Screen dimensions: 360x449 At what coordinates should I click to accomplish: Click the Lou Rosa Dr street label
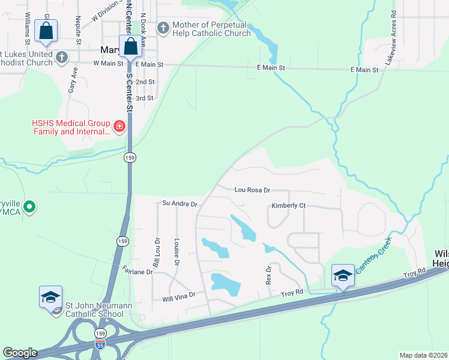click(x=252, y=190)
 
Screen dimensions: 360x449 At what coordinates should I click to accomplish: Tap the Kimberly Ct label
click(x=288, y=206)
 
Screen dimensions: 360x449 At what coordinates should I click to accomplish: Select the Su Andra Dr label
click(x=179, y=204)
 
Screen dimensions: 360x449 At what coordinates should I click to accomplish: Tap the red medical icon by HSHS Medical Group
click(x=119, y=126)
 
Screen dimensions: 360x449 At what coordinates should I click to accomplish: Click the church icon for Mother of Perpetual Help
click(x=163, y=28)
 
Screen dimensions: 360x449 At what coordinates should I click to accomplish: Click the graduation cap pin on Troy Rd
click(x=343, y=276)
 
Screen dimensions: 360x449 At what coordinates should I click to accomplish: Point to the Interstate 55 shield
click(x=100, y=345)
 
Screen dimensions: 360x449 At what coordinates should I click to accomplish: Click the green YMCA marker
click(x=28, y=208)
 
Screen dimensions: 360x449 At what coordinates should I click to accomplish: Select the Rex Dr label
click(x=268, y=275)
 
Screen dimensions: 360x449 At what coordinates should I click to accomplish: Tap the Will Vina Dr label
click(x=179, y=295)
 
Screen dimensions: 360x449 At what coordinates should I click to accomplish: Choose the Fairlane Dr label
click(x=137, y=271)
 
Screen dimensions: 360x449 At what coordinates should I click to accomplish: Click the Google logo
click(x=20, y=353)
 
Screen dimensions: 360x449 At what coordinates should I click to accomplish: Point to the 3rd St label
click(x=145, y=98)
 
